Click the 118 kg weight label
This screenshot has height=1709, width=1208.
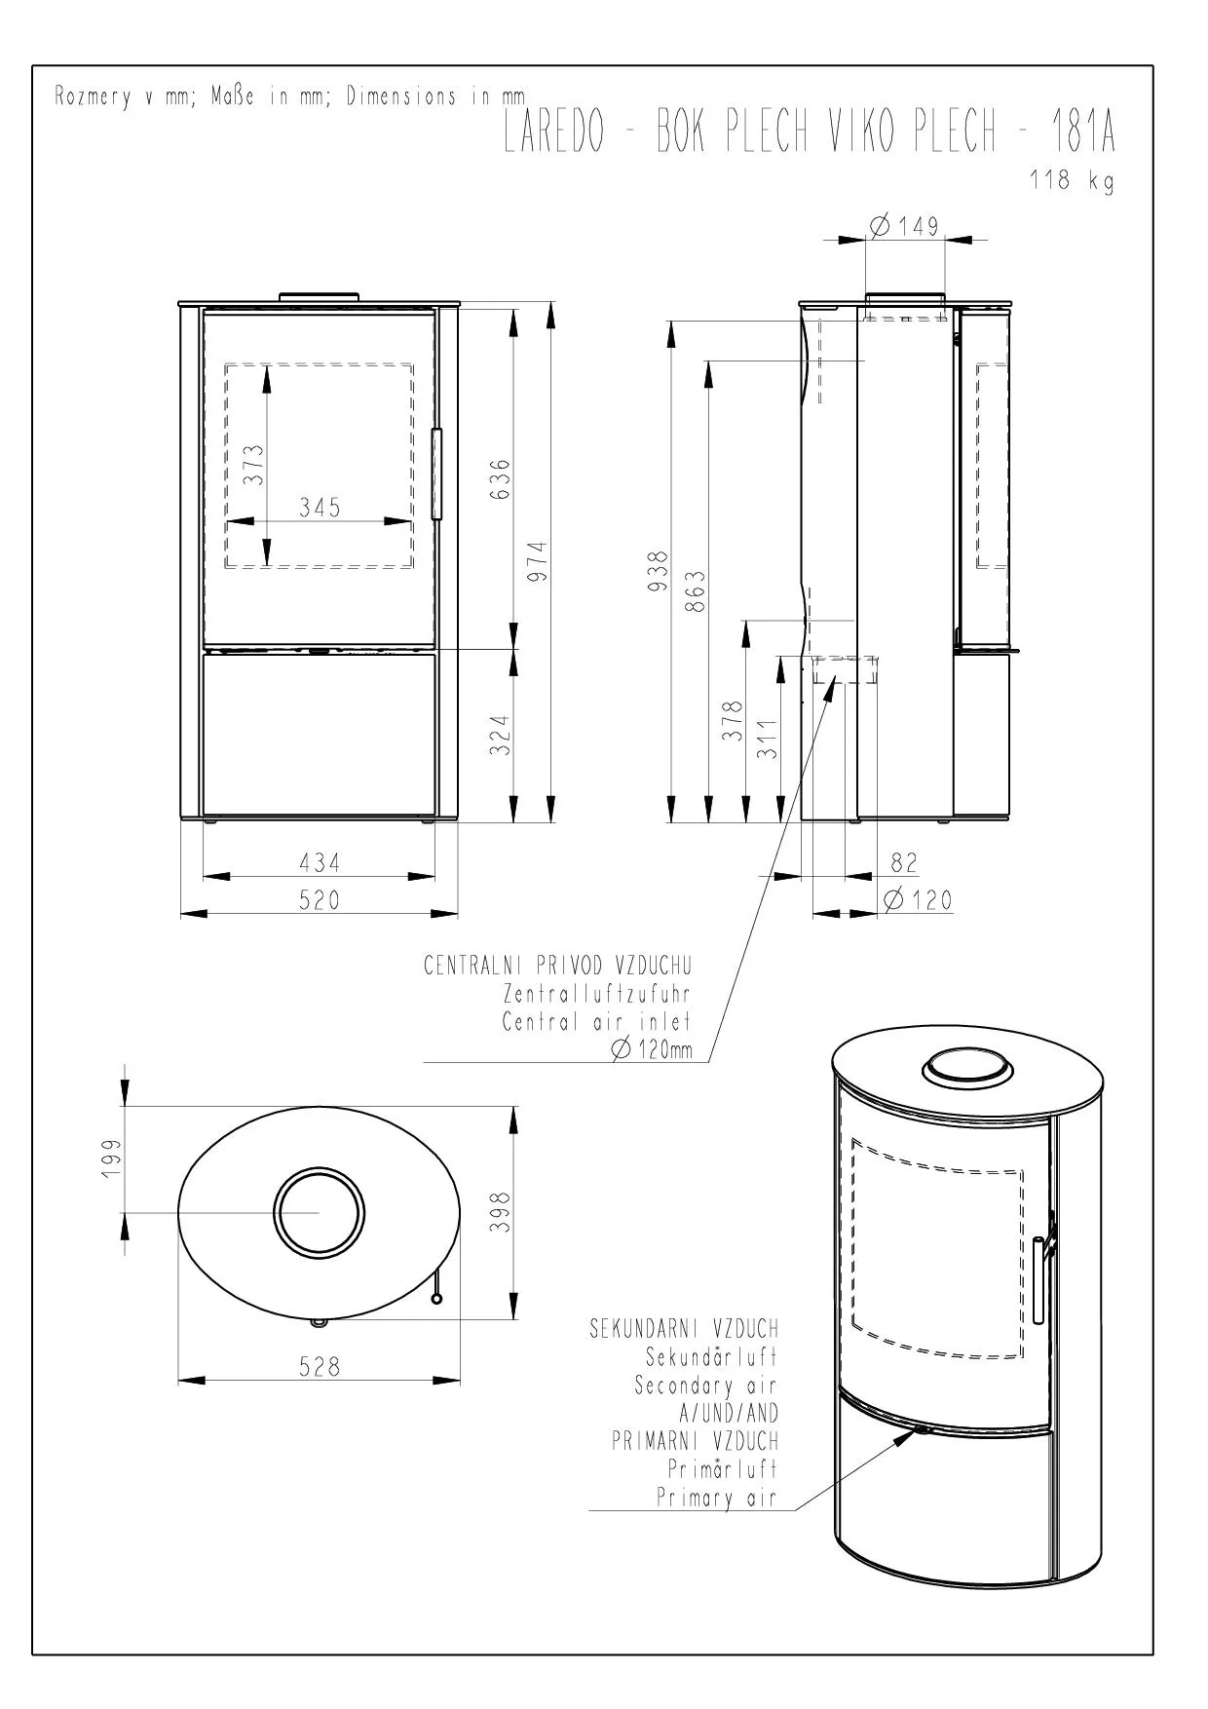pos(1072,180)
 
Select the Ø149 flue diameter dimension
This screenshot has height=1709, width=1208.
pos(904,226)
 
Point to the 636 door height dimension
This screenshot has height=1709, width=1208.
pos(501,479)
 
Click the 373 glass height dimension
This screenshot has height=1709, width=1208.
pos(253,465)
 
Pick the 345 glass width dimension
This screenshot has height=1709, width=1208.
pos(320,507)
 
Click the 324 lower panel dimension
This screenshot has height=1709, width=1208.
pos(501,736)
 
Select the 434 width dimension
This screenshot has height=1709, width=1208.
pos(320,862)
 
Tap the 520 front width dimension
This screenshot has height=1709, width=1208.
pos(320,899)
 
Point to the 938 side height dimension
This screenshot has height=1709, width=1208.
pos(660,571)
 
